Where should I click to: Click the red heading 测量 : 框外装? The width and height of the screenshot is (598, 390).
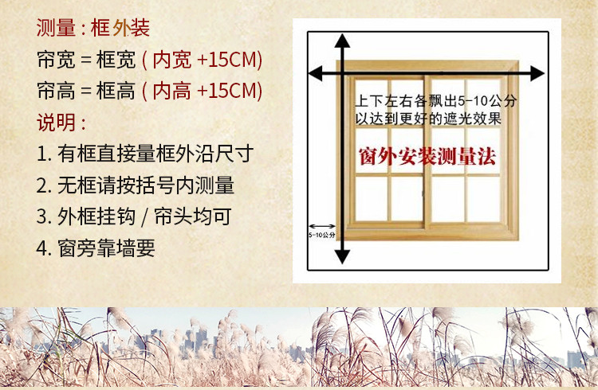[93, 28]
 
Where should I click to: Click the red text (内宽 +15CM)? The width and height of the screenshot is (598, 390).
[202, 60]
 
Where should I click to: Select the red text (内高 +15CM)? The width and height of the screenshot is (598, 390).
[202, 91]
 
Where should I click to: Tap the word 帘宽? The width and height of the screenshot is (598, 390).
[56, 60]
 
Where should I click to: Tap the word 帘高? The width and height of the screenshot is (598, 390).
[56, 91]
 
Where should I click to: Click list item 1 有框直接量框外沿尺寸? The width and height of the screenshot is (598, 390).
[145, 154]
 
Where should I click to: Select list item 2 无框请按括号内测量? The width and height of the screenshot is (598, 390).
[136, 185]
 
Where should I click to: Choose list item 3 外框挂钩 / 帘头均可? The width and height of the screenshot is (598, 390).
[134, 216]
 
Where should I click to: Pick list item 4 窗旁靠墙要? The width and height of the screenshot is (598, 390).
[96, 248]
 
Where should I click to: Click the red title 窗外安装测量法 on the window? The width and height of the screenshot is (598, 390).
[427, 156]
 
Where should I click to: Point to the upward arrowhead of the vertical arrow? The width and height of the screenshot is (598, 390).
[343, 40]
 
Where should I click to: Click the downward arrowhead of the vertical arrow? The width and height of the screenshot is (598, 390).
[343, 257]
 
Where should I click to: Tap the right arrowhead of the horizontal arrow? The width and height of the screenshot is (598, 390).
[537, 73]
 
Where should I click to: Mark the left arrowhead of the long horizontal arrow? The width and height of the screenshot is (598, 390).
[316, 73]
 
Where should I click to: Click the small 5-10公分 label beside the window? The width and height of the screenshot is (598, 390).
[322, 235]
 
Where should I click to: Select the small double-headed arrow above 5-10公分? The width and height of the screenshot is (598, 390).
[322, 227]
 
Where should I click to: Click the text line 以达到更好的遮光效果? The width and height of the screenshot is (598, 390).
[428, 119]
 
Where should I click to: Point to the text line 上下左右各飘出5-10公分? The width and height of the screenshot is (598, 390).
[435, 101]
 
